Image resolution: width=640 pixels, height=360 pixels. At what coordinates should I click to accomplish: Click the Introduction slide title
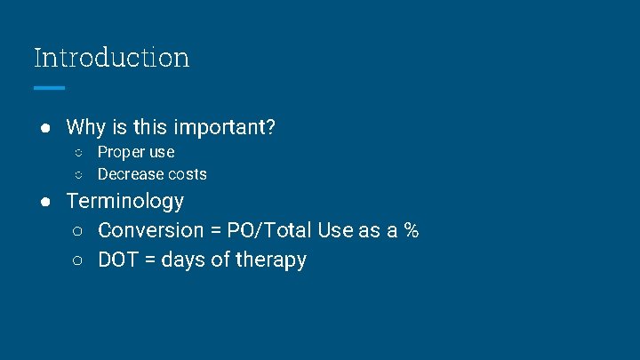click(111, 58)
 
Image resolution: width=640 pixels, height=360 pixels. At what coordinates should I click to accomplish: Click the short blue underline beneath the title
click(49, 88)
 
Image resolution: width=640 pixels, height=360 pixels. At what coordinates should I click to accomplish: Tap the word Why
click(85, 127)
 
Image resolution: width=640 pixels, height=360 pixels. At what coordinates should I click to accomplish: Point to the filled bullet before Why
click(44, 127)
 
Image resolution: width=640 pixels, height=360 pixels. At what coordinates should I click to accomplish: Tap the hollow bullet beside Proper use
click(79, 152)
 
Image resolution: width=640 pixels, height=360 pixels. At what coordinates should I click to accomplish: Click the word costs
click(188, 174)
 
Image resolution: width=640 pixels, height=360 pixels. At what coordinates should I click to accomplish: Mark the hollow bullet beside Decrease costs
click(79, 174)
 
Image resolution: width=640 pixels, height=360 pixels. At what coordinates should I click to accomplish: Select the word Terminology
click(125, 201)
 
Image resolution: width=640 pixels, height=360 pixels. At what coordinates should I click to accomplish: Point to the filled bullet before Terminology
click(44, 201)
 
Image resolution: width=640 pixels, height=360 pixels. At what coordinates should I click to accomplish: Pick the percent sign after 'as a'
click(411, 231)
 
